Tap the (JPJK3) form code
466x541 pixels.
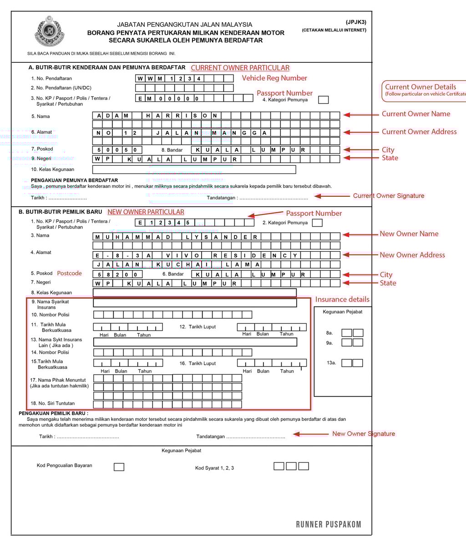pyautogui.click(x=356, y=22)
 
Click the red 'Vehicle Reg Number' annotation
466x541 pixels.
pyautogui.click(x=274, y=78)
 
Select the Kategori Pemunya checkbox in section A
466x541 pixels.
pyautogui.click(x=323, y=100)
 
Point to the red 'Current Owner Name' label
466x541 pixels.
pyautogui.click(x=415, y=114)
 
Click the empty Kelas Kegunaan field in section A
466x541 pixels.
pyautogui.click(x=194, y=169)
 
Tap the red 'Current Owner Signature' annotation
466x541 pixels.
pyautogui.click(x=388, y=196)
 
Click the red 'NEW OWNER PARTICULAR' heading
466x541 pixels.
pyautogui.click(x=146, y=212)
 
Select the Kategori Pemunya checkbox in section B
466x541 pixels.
pyautogui.click(x=317, y=223)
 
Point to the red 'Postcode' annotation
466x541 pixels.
pyautogui.click(x=69, y=273)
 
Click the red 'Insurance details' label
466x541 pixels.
pyautogui.click(x=342, y=299)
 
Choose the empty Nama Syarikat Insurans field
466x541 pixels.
pyautogui.click(x=195, y=303)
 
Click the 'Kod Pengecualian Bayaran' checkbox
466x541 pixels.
pyautogui.click(x=119, y=467)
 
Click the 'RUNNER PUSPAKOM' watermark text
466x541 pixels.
pyautogui.click(x=329, y=524)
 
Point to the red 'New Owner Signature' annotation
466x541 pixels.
pyautogui.click(x=363, y=434)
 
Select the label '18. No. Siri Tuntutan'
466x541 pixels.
pyautogui.click(x=52, y=403)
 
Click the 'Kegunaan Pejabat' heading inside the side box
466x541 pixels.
pyautogui.click(x=343, y=312)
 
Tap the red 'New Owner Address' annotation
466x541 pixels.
pyautogui.click(x=412, y=255)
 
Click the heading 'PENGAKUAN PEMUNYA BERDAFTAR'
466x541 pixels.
pyautogui.click(x=74, y=180)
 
